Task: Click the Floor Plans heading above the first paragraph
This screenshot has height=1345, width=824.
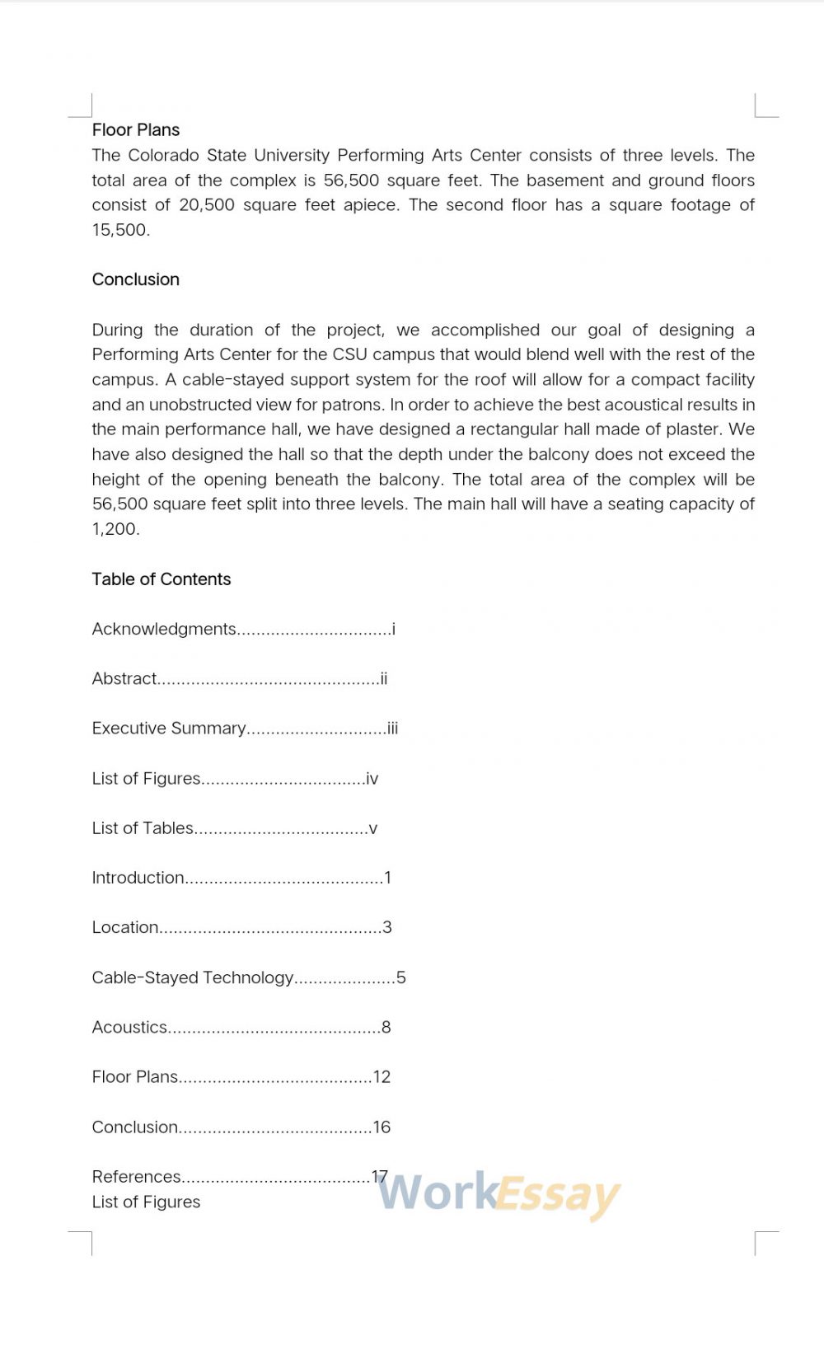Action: (x=136, y=130)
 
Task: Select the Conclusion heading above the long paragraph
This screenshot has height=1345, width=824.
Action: (x=136, y=279)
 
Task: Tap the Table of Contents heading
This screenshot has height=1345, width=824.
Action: (x=162, y=579)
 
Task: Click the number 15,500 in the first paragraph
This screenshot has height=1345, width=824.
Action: (x=120, y=230)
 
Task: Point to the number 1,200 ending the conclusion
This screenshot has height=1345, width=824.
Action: (x=115, y=529)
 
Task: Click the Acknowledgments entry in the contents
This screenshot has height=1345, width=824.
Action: (x=164, y=630)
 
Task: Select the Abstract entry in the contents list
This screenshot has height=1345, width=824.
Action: (x=124, y=679)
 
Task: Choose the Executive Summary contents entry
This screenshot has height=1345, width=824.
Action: (x=169, y=729)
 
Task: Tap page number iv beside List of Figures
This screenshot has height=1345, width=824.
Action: (x=372, y=779)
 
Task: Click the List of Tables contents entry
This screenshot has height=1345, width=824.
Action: (x=143, y=828)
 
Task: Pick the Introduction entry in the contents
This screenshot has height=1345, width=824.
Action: (x=138, y=878)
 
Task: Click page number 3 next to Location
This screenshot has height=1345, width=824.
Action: (x=387, y=928)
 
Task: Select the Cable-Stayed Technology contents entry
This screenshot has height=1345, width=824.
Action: (x=193, y=977)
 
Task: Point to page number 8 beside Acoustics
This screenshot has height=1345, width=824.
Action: (x=386, y=1028)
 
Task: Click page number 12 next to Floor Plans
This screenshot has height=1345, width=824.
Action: (x=382, y=1077)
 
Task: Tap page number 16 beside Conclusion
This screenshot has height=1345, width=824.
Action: (x=382, y=1127)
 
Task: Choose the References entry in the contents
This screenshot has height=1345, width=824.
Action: (x=137, y=1177)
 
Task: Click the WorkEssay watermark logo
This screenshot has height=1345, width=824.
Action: (x=499, y=1194)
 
